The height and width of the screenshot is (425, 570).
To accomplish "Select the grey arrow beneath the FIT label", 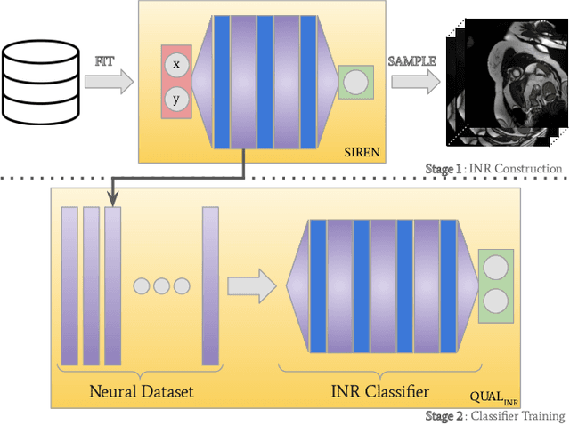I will click(111, 84).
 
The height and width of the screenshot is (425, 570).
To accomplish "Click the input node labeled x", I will click(175, 64).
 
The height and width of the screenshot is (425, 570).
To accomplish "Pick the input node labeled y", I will click(175, 99).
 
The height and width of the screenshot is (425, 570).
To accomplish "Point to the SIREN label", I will click(362, 152).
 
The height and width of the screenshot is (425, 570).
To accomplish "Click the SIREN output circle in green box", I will click(355, 83).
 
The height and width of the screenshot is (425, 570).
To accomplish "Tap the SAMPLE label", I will click(411, 60).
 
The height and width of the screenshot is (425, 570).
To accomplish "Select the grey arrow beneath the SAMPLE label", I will click(415, 83).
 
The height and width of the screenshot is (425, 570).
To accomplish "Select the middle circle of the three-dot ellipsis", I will click(162, 285).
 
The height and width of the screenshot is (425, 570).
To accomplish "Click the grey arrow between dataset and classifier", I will click(250, 285).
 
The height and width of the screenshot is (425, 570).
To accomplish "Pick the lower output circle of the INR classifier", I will click(494, 301).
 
